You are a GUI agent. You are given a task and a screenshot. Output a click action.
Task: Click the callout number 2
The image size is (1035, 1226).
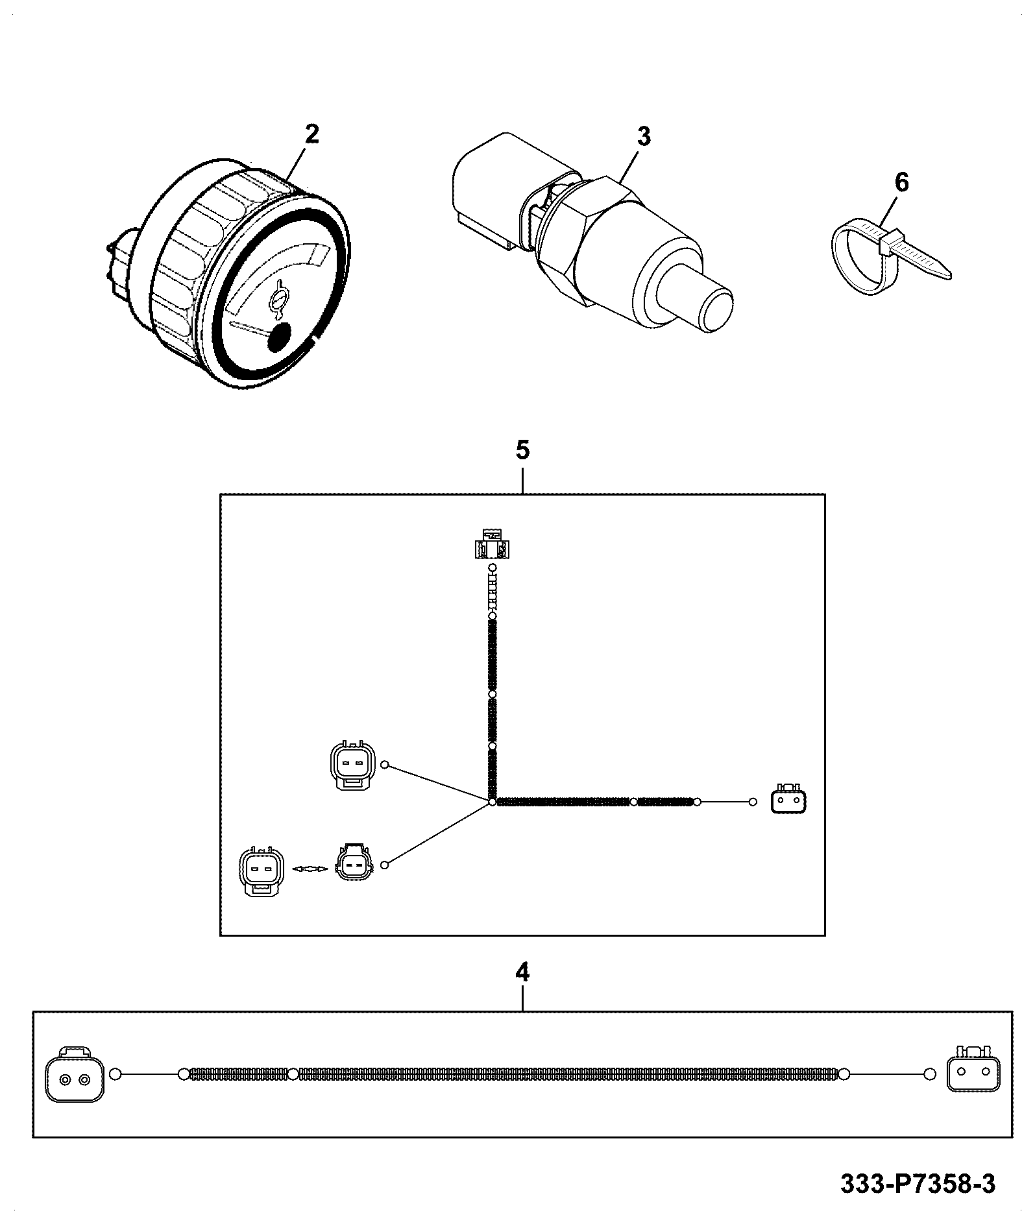(x=312, y=134)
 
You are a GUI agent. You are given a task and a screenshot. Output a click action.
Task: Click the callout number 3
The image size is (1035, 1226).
(x=643, y=137)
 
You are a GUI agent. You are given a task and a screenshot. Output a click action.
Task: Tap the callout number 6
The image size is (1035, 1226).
(x=901, y=183)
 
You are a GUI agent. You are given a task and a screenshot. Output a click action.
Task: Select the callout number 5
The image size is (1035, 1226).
(x=523, y=450)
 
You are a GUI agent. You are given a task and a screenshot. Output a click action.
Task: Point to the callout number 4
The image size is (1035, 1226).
(x=522, y=991)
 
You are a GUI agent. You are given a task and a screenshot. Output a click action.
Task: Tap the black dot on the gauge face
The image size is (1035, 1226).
(x=280, y=337)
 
